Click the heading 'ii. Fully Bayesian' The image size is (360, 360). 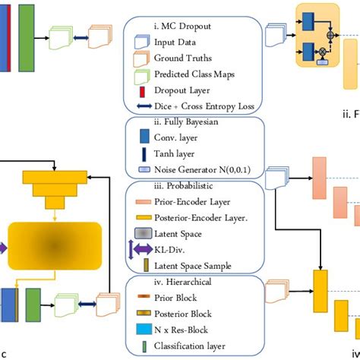(x=190, y=123)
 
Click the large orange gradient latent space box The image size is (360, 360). (x=54, y=247)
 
